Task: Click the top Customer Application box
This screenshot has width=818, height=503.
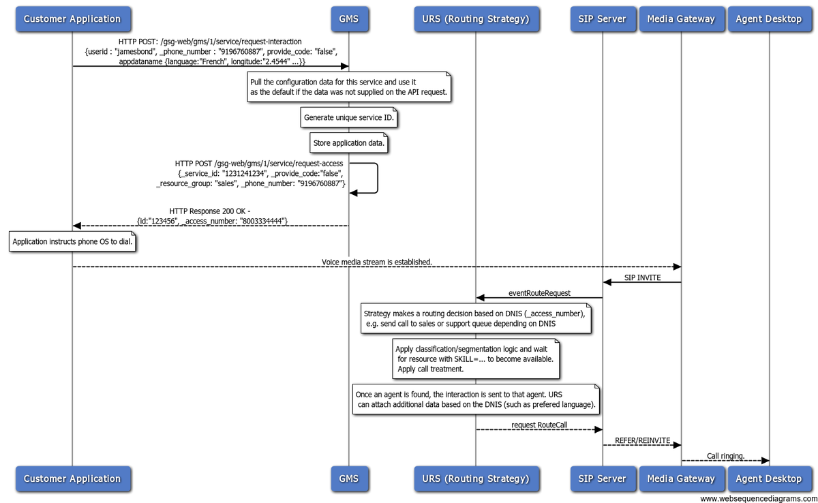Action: click(73, 19)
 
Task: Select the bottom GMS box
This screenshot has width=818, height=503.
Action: click(350, 478)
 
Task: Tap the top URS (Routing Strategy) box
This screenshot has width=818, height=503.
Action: click(476, 19)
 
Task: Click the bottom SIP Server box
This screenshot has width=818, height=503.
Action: click(603, 478)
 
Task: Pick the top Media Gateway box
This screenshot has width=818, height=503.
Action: click(682, 19)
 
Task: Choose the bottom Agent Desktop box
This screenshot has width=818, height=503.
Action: click(770, 478)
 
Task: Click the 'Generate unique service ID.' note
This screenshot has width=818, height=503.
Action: click(349, 117)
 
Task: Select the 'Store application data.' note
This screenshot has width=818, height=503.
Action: click(349, 142)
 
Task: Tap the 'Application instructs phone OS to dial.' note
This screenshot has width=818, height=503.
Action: click(72, 241)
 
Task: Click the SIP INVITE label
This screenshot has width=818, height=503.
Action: click(642, 278)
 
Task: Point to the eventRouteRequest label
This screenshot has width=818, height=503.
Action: click(539, 293)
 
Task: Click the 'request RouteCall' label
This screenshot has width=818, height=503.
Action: click(539, 425)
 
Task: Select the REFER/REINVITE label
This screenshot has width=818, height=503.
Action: click(642, 440)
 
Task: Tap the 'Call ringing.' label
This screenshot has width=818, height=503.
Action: click(725, 456)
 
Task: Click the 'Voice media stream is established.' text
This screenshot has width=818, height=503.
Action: click(377, 262)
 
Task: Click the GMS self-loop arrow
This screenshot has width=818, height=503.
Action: click(377, 178)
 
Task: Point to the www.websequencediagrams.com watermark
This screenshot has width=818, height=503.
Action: click(759, 499)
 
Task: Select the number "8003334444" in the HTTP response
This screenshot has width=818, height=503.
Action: click(262, 221)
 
